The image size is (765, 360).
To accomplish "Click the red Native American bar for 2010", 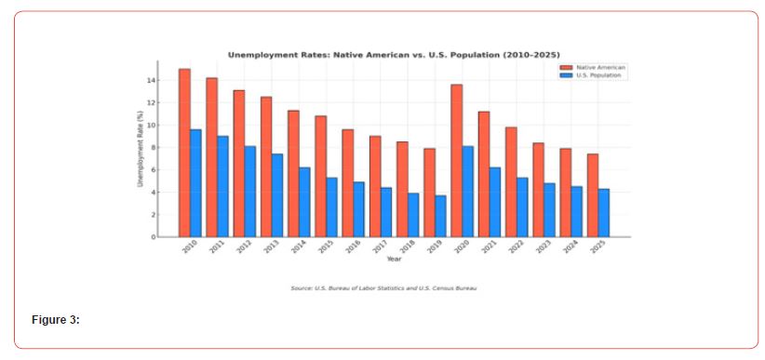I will [x=184, y=153].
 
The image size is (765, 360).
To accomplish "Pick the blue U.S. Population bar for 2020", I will [x=468, y=191].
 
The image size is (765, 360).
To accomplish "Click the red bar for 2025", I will [x=593, y=195].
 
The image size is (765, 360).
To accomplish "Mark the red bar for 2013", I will [x=266, y=167].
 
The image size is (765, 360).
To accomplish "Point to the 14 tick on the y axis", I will [x=149, y=81].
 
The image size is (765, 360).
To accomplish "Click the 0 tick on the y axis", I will [x=151, y=237].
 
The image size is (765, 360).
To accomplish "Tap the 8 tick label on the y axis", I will [x=151, y=148].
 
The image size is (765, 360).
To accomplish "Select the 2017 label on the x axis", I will [x=378, y=247].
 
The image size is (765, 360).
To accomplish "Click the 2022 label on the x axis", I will [x=514, y=247].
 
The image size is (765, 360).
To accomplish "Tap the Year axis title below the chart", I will [x=395, y=260].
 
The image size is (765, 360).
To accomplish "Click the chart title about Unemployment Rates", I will [x=394, y=55].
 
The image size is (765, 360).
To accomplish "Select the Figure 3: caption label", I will [x=56, y=320].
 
